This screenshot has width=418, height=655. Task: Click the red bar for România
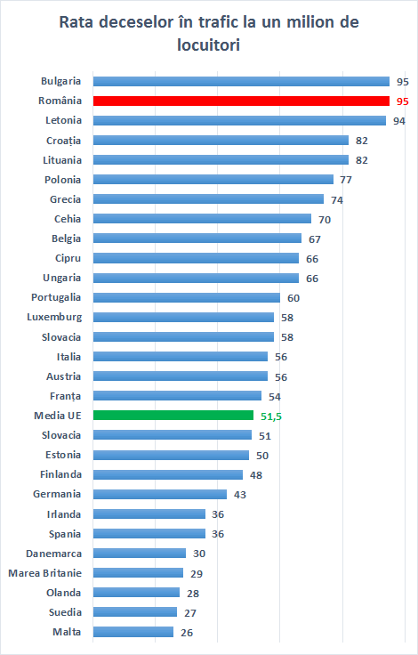(x=241, y=101)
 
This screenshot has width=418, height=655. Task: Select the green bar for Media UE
(x=173, y=415)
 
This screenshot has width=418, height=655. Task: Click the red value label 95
(x=403, y=101)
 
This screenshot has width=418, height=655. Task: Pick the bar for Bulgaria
(x=241, y=81)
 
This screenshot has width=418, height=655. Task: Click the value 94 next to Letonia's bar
(x=399, y=121)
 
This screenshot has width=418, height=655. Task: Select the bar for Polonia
(x=213, y=179)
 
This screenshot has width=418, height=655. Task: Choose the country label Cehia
(x=67, y=218)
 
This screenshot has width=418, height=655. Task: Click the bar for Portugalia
(x=187, y=297)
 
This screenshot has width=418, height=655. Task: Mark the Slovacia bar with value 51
(x=173, y=434)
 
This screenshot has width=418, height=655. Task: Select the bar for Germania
(x=160, y=494)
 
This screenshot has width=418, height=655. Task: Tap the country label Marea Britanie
(x=45, y=572)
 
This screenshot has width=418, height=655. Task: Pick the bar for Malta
(x=133, y=632)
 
